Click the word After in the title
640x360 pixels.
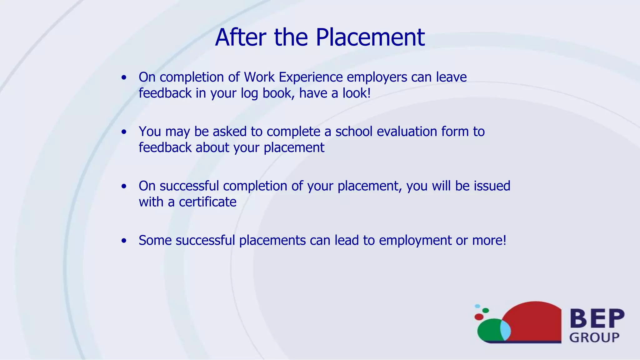coord(240,37)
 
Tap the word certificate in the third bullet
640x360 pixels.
coord(207,202)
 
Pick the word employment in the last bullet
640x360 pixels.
coord(415,241)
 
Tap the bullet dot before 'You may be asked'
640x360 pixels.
coord(124,132)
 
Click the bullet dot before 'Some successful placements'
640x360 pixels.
coord(124,241)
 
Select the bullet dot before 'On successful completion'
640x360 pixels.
coord(124,187)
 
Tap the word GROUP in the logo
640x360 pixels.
coord(594,337)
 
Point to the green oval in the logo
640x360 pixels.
coord(489,330)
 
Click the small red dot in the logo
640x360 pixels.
coord(479,317)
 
